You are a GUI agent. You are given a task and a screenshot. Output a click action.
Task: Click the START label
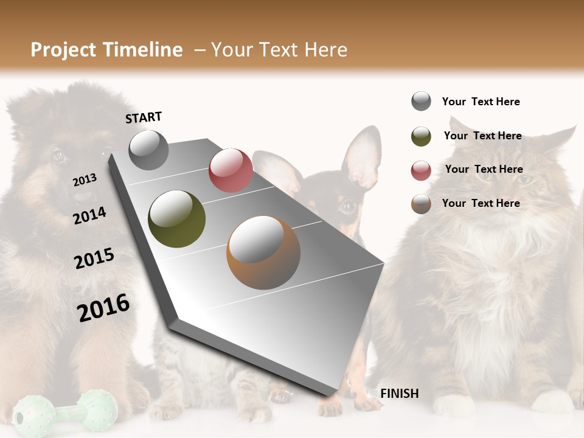(144, 117)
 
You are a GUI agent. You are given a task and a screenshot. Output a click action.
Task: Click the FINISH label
(399, 394)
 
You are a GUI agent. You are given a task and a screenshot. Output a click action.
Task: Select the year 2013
(85, 180)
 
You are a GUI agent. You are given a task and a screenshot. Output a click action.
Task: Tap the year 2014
(89, 215)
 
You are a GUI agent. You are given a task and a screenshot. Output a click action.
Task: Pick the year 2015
(94, 259)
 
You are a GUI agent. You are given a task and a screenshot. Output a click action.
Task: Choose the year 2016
(103, 307)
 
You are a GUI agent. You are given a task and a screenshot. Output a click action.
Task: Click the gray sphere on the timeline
(148, 150)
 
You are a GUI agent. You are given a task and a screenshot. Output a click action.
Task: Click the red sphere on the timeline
(231, 170)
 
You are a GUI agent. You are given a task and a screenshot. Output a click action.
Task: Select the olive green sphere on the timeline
(176, 219)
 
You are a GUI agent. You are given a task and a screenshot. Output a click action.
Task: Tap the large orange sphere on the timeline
(263, 252)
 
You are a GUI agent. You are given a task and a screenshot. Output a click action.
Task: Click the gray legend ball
(421, 102)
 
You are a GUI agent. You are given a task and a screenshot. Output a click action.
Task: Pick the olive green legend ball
(421, 136)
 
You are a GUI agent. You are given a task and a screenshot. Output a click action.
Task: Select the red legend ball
(421, 170)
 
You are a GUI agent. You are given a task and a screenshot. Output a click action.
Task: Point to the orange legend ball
(421, 204)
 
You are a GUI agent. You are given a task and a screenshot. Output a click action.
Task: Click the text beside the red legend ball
(484, 169)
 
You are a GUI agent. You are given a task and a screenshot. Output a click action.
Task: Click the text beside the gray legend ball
(481, 102)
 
